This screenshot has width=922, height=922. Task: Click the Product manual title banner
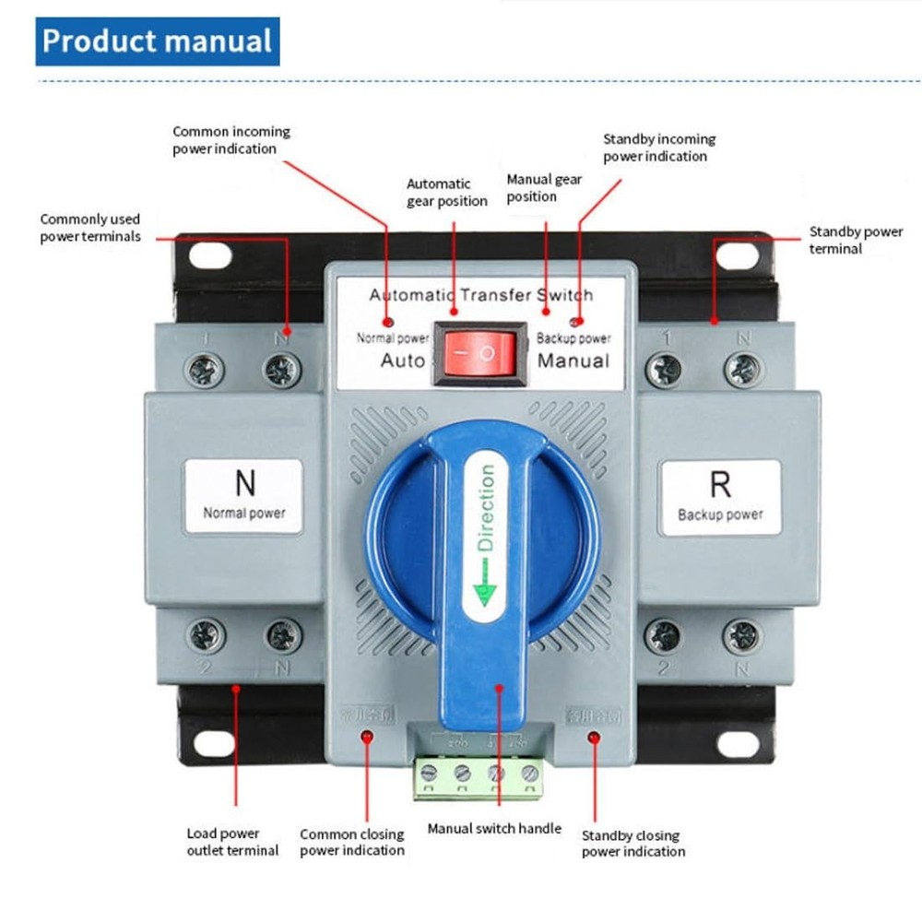tap(158, 41)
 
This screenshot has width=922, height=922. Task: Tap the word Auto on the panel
tap(403, 360)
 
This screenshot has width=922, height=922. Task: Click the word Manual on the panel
tap(573, 360)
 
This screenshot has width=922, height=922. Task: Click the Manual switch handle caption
tap(494, 828)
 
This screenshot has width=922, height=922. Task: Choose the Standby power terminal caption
tap(856, 240)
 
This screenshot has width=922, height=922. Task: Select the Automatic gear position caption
tap(447, 193)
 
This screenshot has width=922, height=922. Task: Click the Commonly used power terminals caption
tap(90, 228)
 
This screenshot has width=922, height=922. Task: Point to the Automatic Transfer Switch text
tap(481, 295)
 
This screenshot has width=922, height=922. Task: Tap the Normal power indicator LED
tap(388, 323)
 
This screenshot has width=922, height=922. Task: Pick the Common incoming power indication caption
tap(230, 140)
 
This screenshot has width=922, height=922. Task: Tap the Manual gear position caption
tap(544, 187)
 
